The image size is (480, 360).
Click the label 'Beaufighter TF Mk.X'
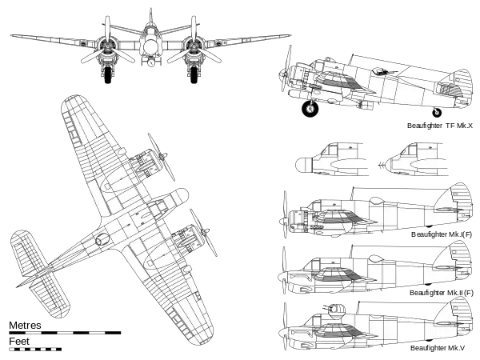440,126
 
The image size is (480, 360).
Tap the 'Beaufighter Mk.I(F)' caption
442,234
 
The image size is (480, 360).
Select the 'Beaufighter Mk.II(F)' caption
441,293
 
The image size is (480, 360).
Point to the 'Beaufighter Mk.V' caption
438,348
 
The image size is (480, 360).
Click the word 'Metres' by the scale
25,325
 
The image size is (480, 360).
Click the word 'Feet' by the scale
19,342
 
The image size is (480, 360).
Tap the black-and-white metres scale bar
65,333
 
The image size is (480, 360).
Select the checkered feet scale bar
35,349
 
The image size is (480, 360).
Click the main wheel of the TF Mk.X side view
310,109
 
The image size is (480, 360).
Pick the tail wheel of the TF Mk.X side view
437,113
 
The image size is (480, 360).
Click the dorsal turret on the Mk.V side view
337,309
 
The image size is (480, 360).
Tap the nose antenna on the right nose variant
381,166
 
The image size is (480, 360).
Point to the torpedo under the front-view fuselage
151,63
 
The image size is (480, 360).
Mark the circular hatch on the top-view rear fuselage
102,240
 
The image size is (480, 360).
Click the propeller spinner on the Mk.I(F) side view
283,221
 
